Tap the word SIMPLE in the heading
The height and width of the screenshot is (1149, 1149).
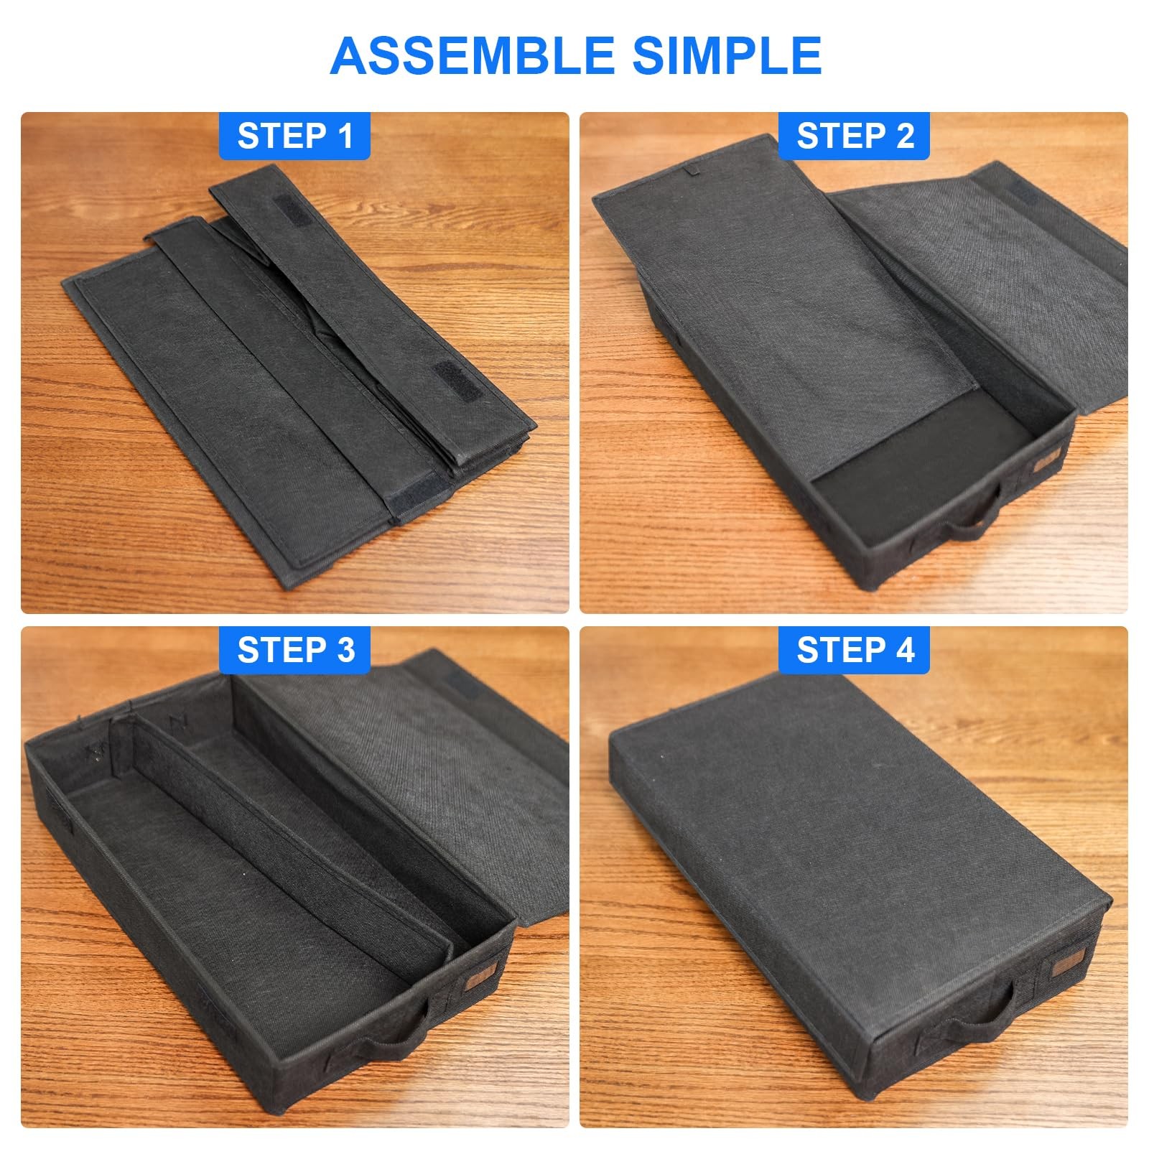tap(727, 55)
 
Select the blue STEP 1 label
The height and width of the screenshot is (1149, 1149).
tap(295, 136)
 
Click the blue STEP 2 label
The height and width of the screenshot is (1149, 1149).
tap(855, 136)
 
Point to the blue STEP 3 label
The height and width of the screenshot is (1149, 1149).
tap(295, 650)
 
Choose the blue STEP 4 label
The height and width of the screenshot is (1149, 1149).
tap(855, 650)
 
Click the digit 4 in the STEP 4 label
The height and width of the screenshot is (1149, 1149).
tap(903, 650)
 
